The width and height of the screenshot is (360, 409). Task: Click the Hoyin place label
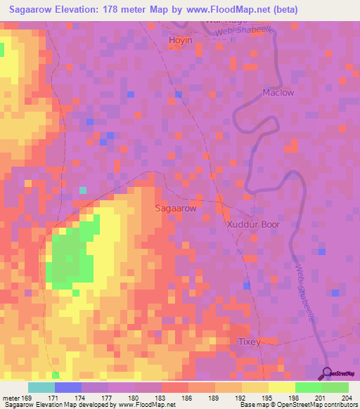click(181, 41)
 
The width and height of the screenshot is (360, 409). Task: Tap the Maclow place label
click(278, 92)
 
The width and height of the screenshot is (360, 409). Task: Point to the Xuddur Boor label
click(253, 225)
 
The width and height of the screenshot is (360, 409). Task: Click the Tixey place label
click(249, 342)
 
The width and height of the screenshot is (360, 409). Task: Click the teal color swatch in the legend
click(41, 387)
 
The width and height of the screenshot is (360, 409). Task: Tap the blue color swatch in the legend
click(67, 387)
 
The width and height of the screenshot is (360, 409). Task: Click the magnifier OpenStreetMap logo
click(328, 372)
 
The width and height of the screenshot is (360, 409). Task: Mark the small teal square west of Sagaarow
click(83, 190)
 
